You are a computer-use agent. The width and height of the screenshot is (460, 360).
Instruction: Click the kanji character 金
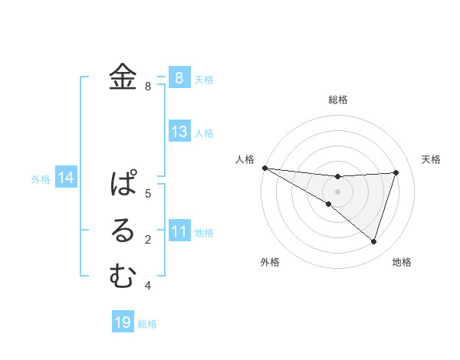[x=123, y=77]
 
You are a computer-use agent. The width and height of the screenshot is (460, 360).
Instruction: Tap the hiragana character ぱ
[x=123, y=184]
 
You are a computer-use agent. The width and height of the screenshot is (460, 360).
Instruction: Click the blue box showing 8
[x=179, y=77]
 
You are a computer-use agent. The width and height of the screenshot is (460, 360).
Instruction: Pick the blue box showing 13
[x=179, y=132]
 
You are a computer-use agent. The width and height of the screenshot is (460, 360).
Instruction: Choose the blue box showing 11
[x=179, y=231]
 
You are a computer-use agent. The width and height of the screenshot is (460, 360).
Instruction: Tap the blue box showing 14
[x=66, y=178]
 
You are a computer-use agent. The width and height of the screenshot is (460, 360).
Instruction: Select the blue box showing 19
[x=123, y=322]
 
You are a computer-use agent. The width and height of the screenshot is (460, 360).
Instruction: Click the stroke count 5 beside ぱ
[x=149, y=193]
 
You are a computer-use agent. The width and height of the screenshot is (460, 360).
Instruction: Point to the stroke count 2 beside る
[x=149, y=240]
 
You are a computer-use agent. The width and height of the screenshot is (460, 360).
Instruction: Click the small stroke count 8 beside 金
[x=149, y=87]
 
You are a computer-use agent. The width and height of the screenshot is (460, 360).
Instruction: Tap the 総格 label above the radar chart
[x=338, y=100]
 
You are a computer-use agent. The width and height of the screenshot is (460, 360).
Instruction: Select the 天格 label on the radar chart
[x=432, y=159]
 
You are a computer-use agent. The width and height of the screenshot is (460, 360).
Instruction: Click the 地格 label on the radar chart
[x=402, y=262]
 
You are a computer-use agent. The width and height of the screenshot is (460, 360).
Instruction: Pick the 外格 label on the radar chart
[x=270, y=262]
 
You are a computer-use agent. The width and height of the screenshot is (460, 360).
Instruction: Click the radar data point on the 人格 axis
[x=264, y=167]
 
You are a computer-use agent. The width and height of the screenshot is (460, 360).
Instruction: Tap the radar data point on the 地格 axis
[x=373, y=241]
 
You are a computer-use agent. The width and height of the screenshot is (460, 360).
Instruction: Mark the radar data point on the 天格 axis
[x=396, y=172]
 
